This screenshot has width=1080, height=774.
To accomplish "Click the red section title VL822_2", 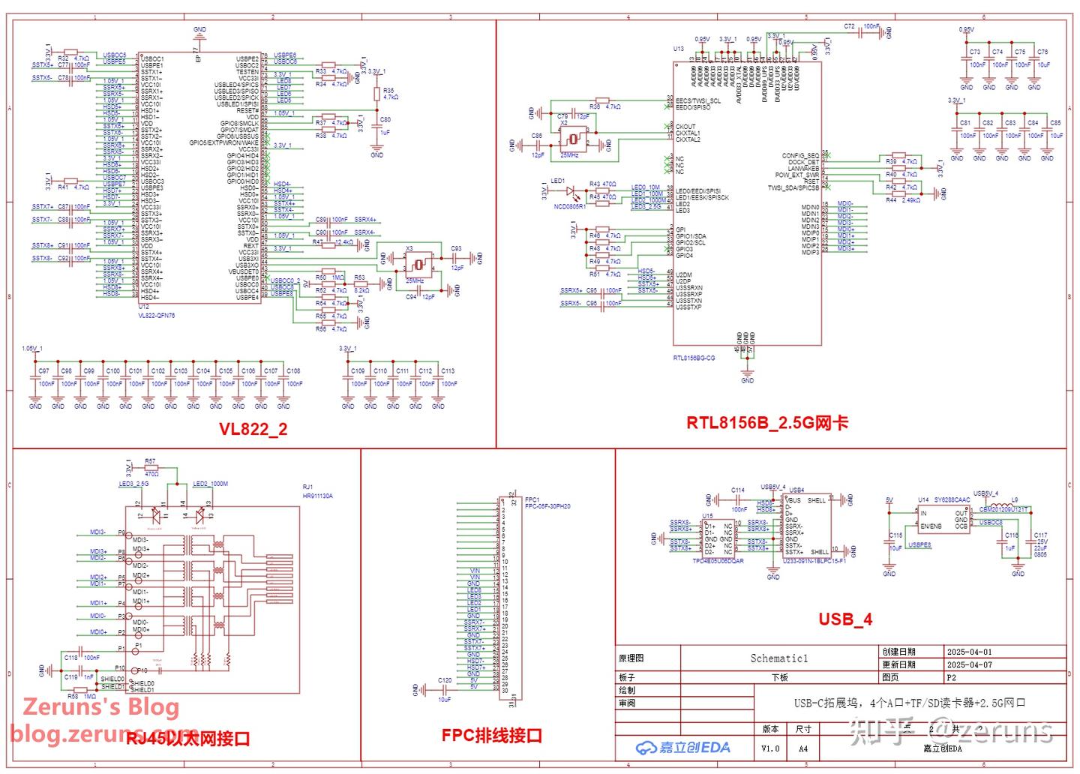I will [253, 429].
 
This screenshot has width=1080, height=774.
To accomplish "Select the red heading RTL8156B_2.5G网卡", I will [766, 423].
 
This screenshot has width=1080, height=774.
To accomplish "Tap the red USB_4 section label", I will [844, 619].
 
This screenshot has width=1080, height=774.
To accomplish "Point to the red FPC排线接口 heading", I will [491, 736].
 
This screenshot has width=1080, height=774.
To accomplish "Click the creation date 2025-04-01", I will [969, 652].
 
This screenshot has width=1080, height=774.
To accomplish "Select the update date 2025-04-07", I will [969, 664].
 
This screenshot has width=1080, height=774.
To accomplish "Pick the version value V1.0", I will [770, 748].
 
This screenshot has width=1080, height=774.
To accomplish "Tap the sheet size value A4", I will [802, 748].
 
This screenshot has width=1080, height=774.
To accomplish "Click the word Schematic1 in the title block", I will [778, 658].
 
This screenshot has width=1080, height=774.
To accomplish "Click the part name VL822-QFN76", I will [156, 316].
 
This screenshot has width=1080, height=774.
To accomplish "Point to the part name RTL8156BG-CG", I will [694, 358].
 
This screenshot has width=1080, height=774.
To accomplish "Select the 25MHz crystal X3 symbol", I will [418, 264].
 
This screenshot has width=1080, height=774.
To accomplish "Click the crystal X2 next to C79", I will [574, 139].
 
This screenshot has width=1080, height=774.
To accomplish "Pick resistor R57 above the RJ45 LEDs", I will [151, 467].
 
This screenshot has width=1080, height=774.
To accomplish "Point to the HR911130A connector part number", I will [317, 496].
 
